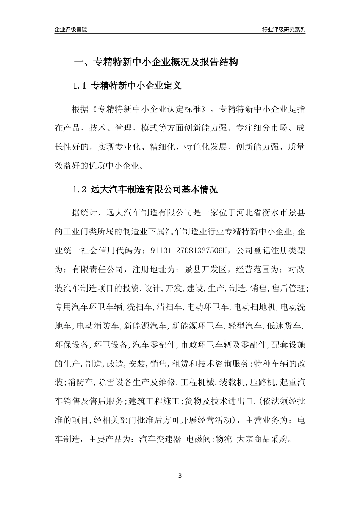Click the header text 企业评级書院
(x=71, y=30)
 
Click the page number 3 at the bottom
(x=180, y=476)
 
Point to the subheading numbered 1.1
(x=127, y=86)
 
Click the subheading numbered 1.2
(x=145, y=189)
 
